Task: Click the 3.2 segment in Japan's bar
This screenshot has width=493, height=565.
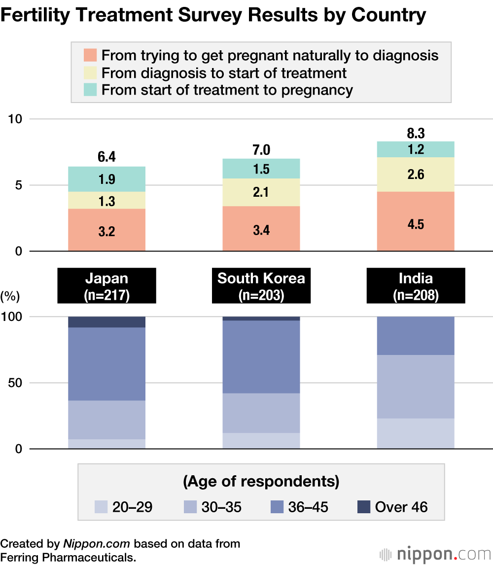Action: coord(106,230)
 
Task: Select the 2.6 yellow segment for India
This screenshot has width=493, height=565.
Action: coord(415,175)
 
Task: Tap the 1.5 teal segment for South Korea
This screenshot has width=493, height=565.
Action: coord(261,169)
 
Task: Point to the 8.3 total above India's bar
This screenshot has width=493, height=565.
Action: coord(415,133)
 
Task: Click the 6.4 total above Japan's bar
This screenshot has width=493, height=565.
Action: coord(106,158)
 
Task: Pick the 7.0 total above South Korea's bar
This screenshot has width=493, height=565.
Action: coord(261,150)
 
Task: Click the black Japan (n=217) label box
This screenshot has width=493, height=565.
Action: coord(106,285)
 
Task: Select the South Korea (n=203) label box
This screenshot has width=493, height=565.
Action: coord(261,285)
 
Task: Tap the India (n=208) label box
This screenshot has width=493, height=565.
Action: coord(415,285)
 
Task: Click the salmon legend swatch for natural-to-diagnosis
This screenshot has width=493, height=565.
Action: coord(90,55)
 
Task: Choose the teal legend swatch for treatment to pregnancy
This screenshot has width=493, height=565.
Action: coord(90,90)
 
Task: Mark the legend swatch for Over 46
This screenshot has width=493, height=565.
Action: coord(363,506)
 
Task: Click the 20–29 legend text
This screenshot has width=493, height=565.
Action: coord(132,507)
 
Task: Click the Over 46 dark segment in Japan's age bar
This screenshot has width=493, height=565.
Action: coord(106,322)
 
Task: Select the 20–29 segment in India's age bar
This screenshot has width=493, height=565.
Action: coord(415,434)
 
